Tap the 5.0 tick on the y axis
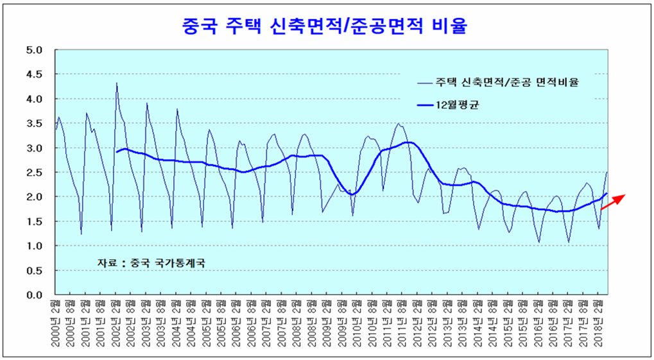[34, 50]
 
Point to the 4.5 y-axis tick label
[34, 74]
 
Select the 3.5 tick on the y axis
[34, 123]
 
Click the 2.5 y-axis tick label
[34, 173]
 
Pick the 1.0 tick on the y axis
[34, 246]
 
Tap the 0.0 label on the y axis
[34, 295]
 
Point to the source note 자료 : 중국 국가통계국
[154, 262]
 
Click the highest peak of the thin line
[116, 83]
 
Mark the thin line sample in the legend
[424, 82]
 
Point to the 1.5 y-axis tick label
[34, 221]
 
